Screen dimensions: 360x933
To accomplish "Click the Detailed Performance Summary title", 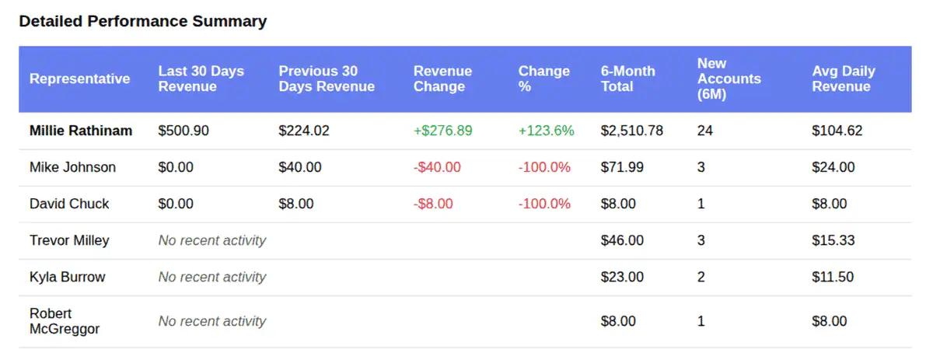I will click(x=142, y=22).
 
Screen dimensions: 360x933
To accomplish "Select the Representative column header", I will click(x=79, y=79).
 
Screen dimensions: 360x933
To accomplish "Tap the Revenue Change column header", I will click(x=442, y=79).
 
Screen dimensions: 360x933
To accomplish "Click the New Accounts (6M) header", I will click(x=729, y=79).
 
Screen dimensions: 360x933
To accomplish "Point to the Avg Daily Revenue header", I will click(x=843, y=79).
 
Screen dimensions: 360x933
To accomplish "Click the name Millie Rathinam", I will click(x=81, y=131).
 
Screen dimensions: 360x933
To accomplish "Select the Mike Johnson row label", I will click(x=72, y=167).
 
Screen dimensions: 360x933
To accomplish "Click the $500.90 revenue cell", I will click(x=183, y=131).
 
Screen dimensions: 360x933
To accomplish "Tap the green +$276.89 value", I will click(x=442, y=131).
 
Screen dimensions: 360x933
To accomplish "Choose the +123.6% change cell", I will click(x=546, y=131).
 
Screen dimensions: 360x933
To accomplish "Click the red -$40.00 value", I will click(x=437, y=167).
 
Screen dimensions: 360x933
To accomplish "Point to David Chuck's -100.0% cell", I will click(x=544, y=204).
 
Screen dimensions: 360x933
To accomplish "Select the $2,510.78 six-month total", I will click(x=631, y=131).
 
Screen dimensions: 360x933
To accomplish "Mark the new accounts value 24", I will click(x=704, y=131).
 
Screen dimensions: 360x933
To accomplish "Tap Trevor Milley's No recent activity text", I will click(x=211, y=240).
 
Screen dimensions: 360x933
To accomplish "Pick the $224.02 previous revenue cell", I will click(x=304, y=131).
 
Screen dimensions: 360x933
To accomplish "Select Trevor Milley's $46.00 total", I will click(x=622, y=240).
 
